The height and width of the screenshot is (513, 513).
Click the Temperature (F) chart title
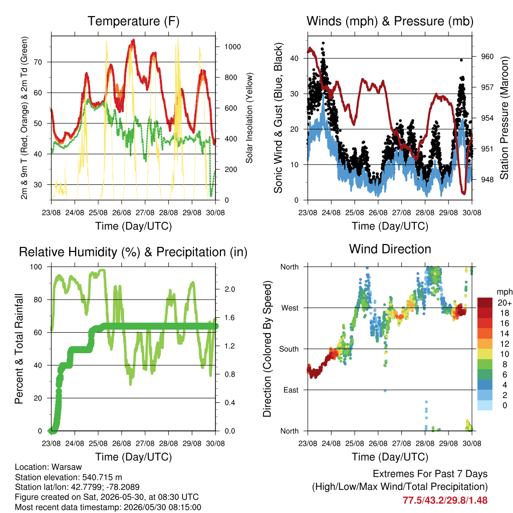[x=133, y=21]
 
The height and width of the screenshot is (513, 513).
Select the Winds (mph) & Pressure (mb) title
[x=390, y=21]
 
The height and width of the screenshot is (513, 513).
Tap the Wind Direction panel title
[x=390, y=249]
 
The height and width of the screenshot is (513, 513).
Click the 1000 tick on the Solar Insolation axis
[x=232, y=47]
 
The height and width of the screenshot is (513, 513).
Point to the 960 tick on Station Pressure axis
[x=487, y=57]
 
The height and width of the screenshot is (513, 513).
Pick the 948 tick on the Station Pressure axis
[x=487, y=180]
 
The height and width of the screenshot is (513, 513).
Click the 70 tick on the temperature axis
[x=38, y=62]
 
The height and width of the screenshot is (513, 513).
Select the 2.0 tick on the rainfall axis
[x=229, y=289]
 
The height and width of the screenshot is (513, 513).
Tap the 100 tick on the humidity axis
[x=36, y=267]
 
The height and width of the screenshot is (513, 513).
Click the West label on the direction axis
[x=290, y=308]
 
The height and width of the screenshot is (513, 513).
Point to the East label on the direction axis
[x=291, y=390]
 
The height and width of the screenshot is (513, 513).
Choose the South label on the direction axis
[x=289, y=349]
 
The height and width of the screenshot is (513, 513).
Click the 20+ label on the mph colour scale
[x=504, y=303]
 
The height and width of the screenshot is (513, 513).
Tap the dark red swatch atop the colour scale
[x=485, y=303]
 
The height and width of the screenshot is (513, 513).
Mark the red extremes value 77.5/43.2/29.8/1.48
[x=445, y=500]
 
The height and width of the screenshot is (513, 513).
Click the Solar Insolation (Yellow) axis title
[x=249, y=118]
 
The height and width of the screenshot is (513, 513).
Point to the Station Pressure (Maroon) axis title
[x=504, y=118]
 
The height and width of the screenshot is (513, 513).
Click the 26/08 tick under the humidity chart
[x=122, y=443]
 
